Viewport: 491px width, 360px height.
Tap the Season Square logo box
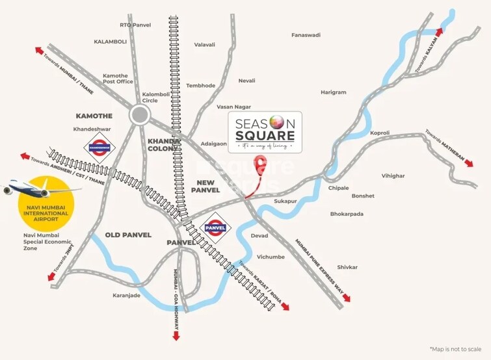pyautogui.click(x=265, y=132)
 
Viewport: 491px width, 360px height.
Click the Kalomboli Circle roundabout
pyautogui.click(x=139, y=116)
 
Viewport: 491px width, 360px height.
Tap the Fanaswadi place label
pyautogui.click(x=306, y=35)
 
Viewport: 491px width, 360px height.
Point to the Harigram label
pyautogui.click(x=334, y=93)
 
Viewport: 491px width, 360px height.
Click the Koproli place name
pyautogui.click(x=380, y=133)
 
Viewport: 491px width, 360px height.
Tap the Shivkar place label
pyautogui.click(x=347, y=267)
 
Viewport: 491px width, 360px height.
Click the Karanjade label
pyautogui.click(x=126, y=296)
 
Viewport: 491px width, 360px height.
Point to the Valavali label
pyautogui.click(x=205, y=45)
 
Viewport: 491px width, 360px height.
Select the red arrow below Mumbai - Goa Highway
pyautogui.click(x=176, y=335)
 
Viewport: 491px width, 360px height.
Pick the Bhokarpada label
pyautogui.click(x=347, y=214)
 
